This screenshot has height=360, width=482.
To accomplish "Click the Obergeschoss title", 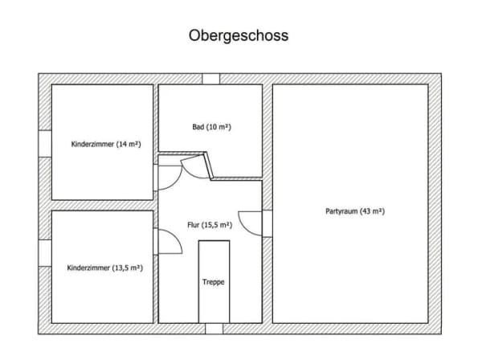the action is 239,35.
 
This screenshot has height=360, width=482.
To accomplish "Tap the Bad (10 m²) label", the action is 211,127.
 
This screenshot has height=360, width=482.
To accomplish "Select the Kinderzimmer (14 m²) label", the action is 106,144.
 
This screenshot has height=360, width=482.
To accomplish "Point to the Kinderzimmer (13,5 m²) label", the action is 104,268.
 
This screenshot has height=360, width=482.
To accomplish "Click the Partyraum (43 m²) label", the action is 355,211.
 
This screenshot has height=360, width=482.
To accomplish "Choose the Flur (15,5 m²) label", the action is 210,225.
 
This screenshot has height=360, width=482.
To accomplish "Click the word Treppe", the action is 214,282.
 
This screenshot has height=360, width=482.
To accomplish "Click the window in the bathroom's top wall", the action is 210,79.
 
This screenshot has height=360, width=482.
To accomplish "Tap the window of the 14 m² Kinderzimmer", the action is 45,144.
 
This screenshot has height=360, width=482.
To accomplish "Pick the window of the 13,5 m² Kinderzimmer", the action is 45,253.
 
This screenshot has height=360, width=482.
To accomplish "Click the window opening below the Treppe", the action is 214,329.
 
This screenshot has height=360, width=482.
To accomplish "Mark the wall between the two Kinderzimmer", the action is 102,206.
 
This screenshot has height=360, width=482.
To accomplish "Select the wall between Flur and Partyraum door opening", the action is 268,223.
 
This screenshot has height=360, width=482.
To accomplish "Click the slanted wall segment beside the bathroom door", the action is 208,166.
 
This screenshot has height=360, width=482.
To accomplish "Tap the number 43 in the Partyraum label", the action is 366,211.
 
